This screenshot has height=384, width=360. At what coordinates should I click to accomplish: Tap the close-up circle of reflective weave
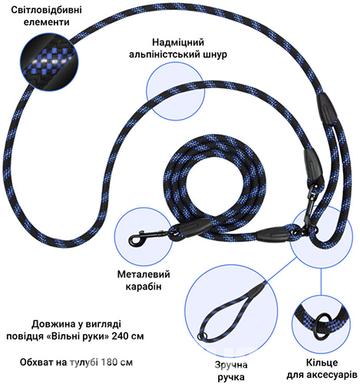coord(49,62)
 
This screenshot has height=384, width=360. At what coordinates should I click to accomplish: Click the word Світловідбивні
coord(47,10)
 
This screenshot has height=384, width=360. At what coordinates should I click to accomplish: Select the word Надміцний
coord(178,42)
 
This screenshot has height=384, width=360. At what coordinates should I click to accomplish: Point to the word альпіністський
coord(164,55)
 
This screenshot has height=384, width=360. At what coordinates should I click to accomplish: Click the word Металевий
coord(144,274)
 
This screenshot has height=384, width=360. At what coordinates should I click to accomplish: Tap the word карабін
coord(144,286)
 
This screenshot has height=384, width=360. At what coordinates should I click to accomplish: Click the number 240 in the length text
coord(120,336)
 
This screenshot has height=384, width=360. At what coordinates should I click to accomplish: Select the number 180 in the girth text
coord(110,362)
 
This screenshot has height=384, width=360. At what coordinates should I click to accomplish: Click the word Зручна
coord(231,365)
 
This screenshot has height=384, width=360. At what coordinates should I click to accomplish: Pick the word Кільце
coord(322,362)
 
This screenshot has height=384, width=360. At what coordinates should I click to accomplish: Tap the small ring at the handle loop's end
coord(201,336)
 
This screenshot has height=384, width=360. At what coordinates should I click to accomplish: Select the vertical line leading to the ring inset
coord(321,281)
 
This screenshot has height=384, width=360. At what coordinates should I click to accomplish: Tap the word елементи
coord(47,22)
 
